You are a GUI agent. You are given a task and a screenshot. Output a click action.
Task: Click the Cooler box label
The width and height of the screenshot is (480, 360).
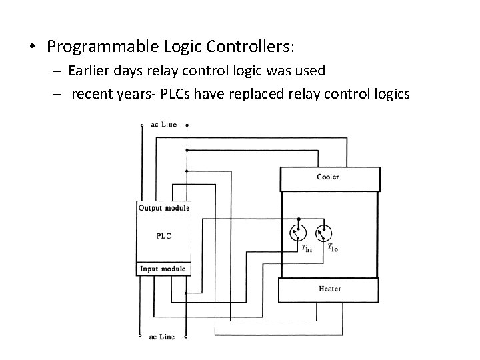(x=327, y=177)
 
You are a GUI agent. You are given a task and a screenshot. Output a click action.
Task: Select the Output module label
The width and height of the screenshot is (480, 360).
(x=163, y=208)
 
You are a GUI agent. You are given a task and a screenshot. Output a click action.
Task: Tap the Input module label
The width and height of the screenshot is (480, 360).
(x=162, y=269)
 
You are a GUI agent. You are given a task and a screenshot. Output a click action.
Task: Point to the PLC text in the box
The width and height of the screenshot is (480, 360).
(x=163, y=236)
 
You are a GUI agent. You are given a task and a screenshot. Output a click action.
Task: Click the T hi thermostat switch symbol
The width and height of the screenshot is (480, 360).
(x=297, y=233)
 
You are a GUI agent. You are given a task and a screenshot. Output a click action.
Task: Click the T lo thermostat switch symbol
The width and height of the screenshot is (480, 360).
(x=323, y=233)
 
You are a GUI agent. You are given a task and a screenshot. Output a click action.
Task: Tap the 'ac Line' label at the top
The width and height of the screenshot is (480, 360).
(x=163, y=125)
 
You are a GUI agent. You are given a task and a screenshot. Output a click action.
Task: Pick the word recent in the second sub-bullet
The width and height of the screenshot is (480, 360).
(x=92, y=94)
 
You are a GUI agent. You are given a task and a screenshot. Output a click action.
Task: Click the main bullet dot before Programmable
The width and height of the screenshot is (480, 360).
(x=31, y=47)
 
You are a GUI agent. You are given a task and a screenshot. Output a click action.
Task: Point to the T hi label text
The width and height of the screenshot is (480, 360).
(x=307, y=249)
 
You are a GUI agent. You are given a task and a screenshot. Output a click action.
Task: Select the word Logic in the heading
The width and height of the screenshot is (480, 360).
(x=183, y=47)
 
